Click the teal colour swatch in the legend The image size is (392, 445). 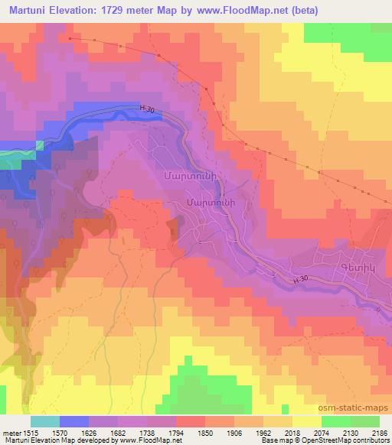click(45, 421)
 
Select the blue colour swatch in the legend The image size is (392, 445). click(74, 421)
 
